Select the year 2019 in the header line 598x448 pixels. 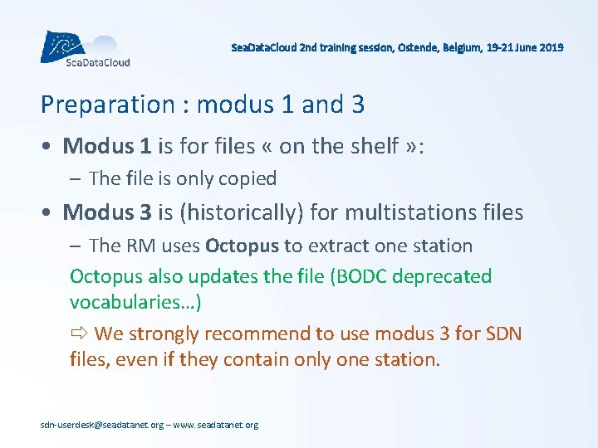[551, 48]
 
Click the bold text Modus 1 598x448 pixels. [106, 146]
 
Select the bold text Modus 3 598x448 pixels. [106, 212]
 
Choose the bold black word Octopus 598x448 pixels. [242, 246]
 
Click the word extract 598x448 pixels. [341, 246]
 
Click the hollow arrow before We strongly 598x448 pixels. [79, 334]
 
